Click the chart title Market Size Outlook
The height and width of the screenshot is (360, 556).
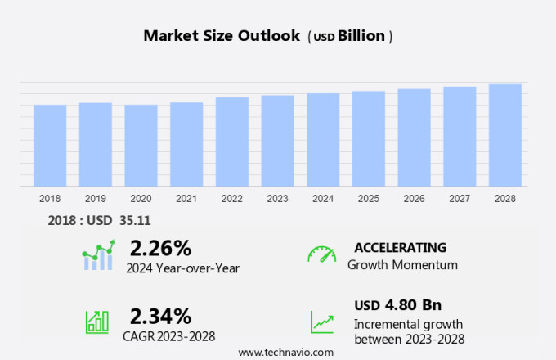tap(222, 36)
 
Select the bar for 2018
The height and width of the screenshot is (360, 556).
tap(50, 146)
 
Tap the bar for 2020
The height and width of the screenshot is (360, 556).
tap(141, 146)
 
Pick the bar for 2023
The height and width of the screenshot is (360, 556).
tap(278, 141)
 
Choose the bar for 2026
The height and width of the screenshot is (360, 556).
tap(415, 137)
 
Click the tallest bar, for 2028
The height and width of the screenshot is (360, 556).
tap(505, 135)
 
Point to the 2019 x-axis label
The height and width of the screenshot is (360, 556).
tap(95, 198)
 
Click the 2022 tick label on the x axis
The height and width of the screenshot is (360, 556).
tap(232, 198)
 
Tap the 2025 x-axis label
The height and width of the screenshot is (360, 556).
tap(369, 198)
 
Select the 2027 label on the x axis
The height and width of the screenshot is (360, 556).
tap(460, 198)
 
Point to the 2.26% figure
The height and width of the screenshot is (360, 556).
tap(160, 248)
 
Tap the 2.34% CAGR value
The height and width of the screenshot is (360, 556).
tap(160, 315)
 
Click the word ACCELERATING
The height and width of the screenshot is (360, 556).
tap(400, 248)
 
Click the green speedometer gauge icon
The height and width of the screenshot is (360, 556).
tap(321, 254)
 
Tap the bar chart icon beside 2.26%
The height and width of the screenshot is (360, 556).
tap(99, 255)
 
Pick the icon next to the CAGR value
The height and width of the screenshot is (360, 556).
tap(97, 321)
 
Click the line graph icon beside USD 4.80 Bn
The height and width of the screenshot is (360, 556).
tap(321, 321)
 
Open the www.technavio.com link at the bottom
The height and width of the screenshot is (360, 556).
tap(285, 352)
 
